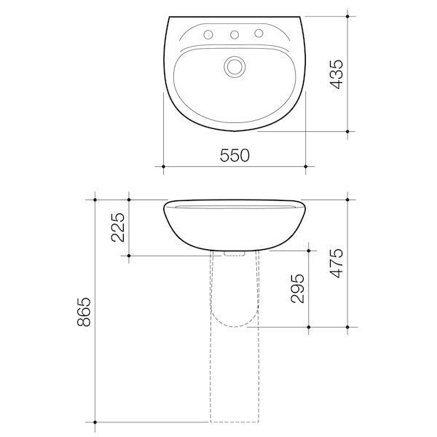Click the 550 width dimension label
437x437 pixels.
(234, 154)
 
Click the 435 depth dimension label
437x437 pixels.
(334, 73)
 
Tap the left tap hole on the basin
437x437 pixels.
(209, 34)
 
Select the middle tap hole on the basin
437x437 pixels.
(234, 34)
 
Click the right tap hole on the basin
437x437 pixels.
(259, 34)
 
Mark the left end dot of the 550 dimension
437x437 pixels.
(163, 167)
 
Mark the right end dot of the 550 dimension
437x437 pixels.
(305, 167)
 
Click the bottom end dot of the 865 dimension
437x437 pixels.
(95, 422)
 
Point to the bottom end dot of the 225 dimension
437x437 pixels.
(129, 256)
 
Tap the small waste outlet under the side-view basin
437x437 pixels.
(234, 253)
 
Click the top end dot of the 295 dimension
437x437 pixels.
(310, 249)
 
